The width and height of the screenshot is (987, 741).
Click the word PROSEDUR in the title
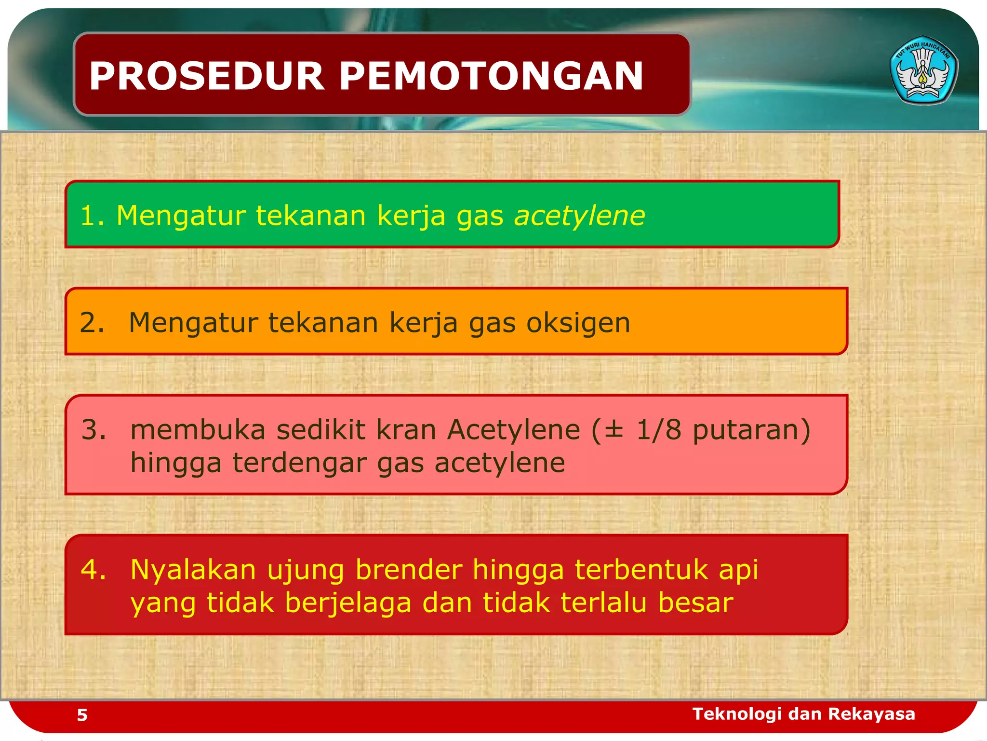point(207,76)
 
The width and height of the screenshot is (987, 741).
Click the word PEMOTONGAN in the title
point(491,76)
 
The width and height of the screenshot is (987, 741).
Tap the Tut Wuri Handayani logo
point(923,70)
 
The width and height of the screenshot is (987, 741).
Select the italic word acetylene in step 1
point(580,216)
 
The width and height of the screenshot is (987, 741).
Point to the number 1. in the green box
point(92,216)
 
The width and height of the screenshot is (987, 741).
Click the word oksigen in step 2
point(578,323)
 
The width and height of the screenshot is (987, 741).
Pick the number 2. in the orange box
point(92,323)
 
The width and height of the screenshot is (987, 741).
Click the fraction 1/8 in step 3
point(659,429)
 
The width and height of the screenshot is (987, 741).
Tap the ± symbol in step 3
point(614,429)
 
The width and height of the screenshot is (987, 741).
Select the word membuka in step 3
point(198,429)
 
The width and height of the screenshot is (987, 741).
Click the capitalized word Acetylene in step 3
point(514,429)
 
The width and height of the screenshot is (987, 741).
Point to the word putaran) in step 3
point(751,430)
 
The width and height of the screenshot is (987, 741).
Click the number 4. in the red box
point(93,569)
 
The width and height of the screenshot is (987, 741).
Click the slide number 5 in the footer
point(82,715)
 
